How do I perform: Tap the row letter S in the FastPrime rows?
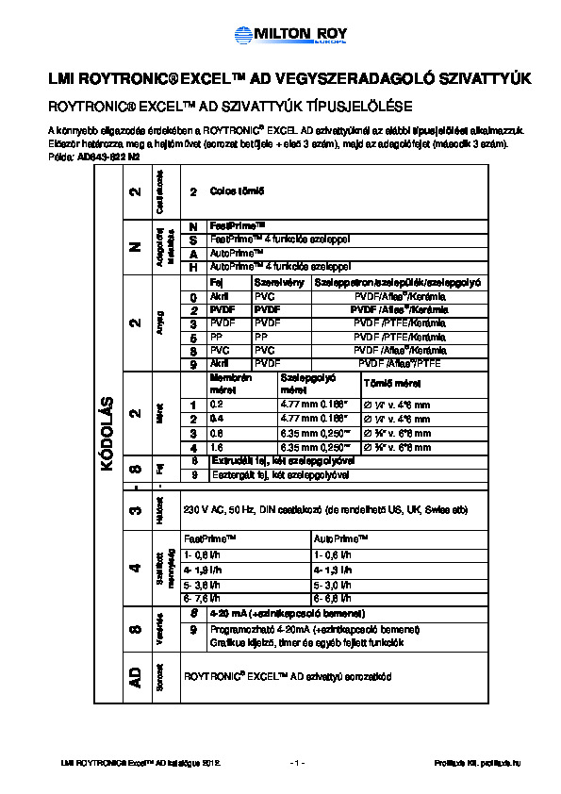click(x=192, y=240)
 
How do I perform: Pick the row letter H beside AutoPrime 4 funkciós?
click(x=192, y=267)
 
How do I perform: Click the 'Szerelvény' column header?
click(x=273, y=282)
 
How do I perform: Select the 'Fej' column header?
click(x=215, y=282)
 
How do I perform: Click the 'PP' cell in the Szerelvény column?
click(x=261, y=336)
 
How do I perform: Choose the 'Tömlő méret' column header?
click(x=388, y=384)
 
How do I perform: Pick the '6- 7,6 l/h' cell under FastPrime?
click(x=204, y=597)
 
